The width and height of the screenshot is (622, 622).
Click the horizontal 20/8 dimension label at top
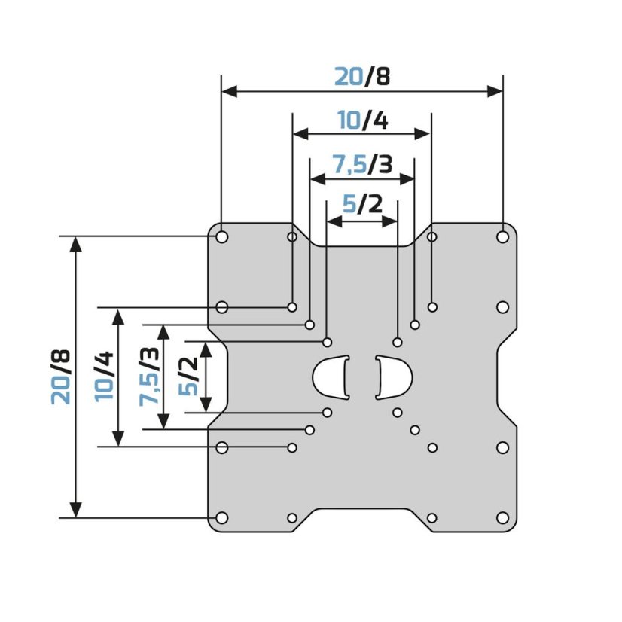(x=362, y=76)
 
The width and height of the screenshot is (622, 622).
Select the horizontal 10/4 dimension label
(x=362, y=120)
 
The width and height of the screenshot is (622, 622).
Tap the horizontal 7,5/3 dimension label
(x=362, y=164)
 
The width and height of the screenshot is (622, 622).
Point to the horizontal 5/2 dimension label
(x=362, y=204)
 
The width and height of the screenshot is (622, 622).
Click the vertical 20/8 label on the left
(x=61, y=377)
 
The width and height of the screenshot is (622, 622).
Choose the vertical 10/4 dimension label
(x=105, y=377)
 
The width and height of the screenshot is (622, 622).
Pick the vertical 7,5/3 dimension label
(x=149, y=377)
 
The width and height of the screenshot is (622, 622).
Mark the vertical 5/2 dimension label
(x=188, y=376)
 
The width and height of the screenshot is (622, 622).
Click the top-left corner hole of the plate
(x=221, y=237)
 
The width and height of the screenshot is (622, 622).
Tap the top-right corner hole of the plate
(x=502, y=237)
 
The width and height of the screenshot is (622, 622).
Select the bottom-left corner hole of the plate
(x=221, y=517)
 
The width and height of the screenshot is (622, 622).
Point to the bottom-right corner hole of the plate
(x=502, y=517)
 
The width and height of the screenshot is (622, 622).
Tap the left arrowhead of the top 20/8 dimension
(x=229, y=92)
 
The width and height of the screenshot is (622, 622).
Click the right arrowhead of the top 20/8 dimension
(x=495, y=92)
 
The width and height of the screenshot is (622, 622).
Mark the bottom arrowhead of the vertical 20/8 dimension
(x=76, y=510)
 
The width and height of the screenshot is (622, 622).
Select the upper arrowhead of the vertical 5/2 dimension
(x=206, y=349)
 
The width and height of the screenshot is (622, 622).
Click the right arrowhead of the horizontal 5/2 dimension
(x=390, y=221)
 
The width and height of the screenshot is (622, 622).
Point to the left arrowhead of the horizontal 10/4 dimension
(x=300, y=134)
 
